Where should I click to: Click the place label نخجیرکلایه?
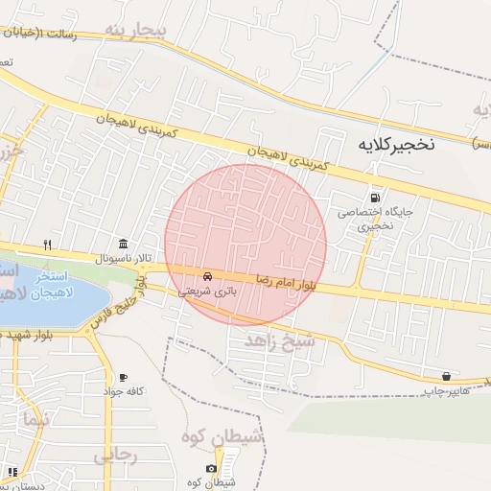(x=396, y=145)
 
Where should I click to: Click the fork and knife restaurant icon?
(x=47, y=244)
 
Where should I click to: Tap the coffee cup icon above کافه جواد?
(x=123, y=377)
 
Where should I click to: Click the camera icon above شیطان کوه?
(x=211, y=468)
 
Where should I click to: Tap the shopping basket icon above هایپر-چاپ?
(x=446, y=375)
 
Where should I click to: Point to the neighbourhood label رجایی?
(x=115, y=455)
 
